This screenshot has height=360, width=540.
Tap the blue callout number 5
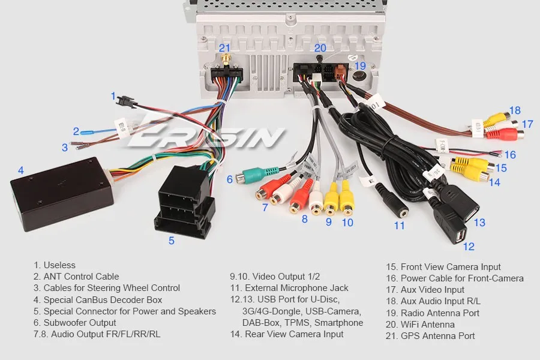[x=172, y=241]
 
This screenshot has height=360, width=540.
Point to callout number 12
[x=469, y=246]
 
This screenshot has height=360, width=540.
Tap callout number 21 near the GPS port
[x=224, y=47]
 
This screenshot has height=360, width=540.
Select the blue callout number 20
[x=320, y=47]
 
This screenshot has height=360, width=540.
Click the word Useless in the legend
[x=59, y=265]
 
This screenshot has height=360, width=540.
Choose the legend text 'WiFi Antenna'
[x=427, y=325]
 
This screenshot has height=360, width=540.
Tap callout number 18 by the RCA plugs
[x=515, y=110]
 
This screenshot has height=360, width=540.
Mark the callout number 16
[x=510, y=155]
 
